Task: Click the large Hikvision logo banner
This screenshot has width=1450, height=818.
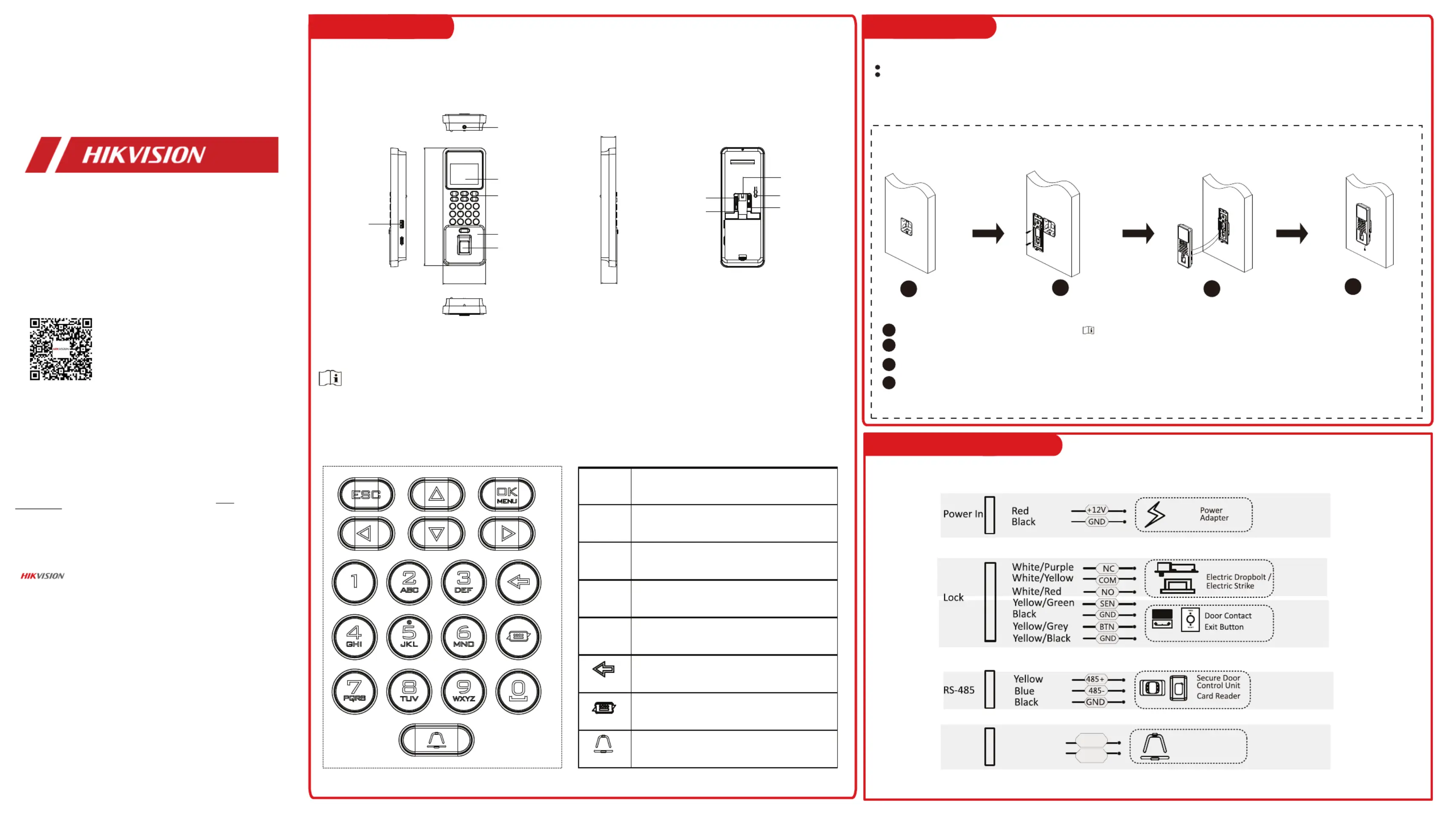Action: point(152,155)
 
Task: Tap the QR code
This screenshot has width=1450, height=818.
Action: point(61,349)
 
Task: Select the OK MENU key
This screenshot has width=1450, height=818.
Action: point(507,495)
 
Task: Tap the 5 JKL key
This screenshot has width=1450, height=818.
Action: point(409,636)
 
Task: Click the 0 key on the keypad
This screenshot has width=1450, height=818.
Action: point(518,691)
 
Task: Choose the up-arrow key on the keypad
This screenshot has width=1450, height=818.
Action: point(436,495)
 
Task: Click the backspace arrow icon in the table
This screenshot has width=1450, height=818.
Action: point(604,669)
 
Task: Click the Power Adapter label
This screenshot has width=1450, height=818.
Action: point(1214,514)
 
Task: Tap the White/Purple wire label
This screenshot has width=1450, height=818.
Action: point(1043,567)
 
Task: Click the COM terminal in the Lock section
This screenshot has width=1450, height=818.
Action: point(1107,580)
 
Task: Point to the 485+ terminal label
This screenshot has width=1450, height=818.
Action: point(1095,679)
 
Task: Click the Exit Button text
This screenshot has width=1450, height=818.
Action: point(1224,627)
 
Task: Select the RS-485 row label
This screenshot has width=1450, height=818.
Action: point(959,690)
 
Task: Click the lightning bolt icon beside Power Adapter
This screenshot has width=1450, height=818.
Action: point(1155,514)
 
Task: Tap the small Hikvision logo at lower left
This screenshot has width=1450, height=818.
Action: point(43,576)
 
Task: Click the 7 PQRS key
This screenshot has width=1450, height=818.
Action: point(355,691)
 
